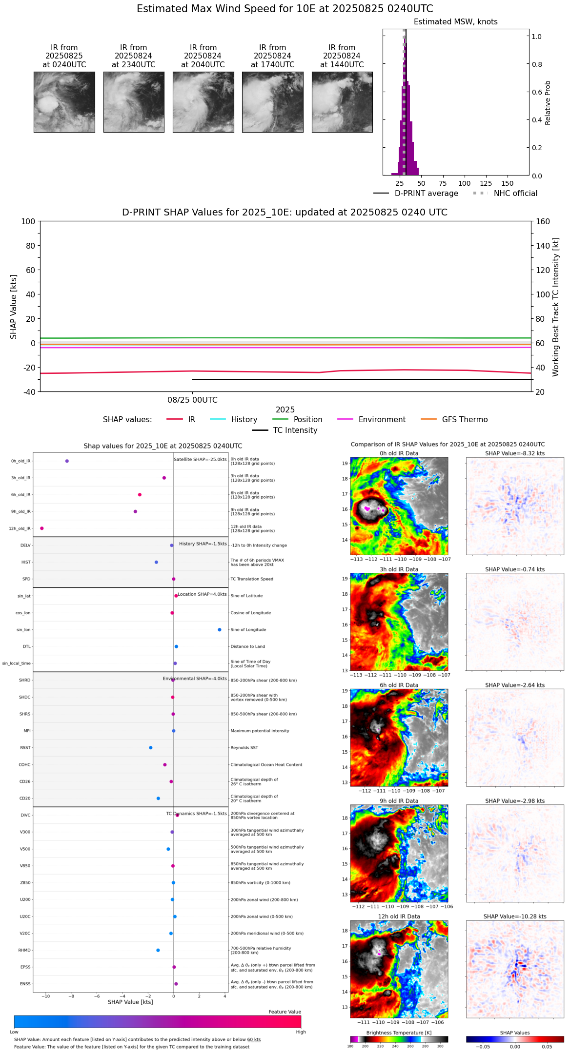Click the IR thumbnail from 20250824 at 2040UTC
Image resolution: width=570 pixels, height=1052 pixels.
[x=203, y=102]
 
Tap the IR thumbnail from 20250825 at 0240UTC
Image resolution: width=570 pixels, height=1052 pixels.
[x=64, y=102]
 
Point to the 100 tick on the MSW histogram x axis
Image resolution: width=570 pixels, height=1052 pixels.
[x=464, y=183]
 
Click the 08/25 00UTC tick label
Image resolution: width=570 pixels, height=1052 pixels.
[x=192, y=400]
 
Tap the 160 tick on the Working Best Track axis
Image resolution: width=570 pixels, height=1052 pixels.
[x=543, y=221]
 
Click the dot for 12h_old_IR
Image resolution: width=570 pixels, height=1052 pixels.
[x=42, y=528]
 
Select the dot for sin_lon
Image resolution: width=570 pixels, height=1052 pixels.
[x=220, y=630]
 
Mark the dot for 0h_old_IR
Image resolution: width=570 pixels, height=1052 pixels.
[x=67, y=461]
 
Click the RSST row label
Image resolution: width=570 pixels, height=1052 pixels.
[x=25, y=748]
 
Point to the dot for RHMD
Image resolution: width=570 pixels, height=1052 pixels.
[x=158, y=950]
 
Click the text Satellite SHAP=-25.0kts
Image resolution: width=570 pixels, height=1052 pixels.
[x=200, y=460]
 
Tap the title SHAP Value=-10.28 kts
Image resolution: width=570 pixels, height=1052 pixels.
[x=515, y=916]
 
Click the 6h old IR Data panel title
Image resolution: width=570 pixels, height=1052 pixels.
[x=399, y=685]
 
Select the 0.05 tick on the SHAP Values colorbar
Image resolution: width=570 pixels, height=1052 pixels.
[x=547, y=1047]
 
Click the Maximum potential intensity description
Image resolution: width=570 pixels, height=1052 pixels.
[x=260, y=731]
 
